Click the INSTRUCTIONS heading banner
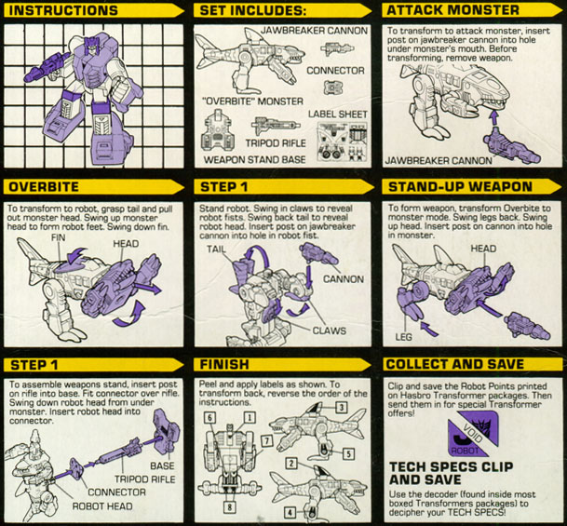(x=94, y=10)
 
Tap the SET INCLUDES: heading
(x=253, y=10)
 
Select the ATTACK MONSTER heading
(x=452, y=9)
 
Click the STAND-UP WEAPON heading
(x=460, y=187)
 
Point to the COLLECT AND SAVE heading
(x=455, y=364)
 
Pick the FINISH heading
(x=224, y=364)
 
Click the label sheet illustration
(x=342, y=141)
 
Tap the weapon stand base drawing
(x=218, y=131)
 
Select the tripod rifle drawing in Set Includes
(x=276, y=127)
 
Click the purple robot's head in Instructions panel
(x=92, y=46)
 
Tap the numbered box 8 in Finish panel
(x=229, y=507)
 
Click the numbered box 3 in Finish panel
(x=342, y=408)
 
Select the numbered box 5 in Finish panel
(x=348, y=453)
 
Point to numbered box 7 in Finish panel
(x=266, y=440)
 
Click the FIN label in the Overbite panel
(x=59, y=237)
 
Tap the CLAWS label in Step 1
(x=329, y=330)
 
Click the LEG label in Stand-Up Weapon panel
(x=403, y=337)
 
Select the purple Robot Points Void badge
(x=473, y=433)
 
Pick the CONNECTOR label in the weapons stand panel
(x=116, y=492)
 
